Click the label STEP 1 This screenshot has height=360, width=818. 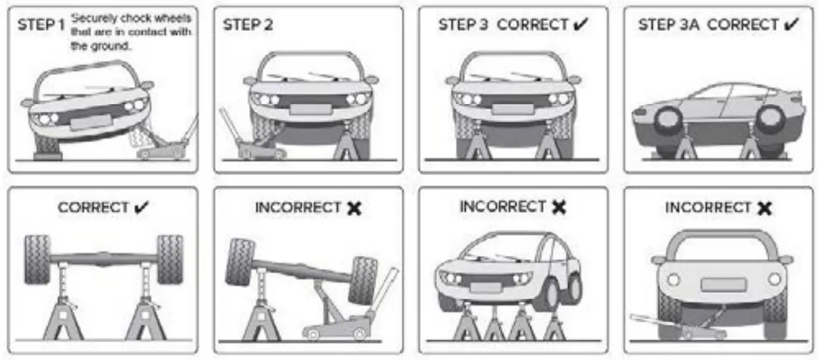point(41,26)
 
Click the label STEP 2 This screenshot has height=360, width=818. point(248,25)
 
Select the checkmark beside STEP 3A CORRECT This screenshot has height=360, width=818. point(792,25)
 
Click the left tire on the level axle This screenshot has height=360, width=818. point(38,258)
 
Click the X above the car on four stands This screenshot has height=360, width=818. point(558,208)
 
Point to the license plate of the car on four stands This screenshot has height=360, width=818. point(485,287)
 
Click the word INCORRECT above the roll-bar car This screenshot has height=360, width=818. point(708,208)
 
